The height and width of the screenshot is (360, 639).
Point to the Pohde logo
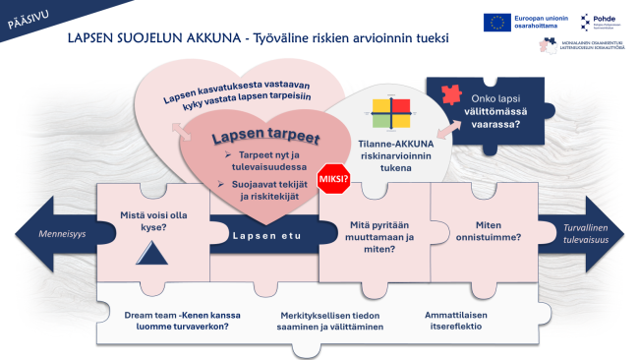[x=596, y=22]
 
